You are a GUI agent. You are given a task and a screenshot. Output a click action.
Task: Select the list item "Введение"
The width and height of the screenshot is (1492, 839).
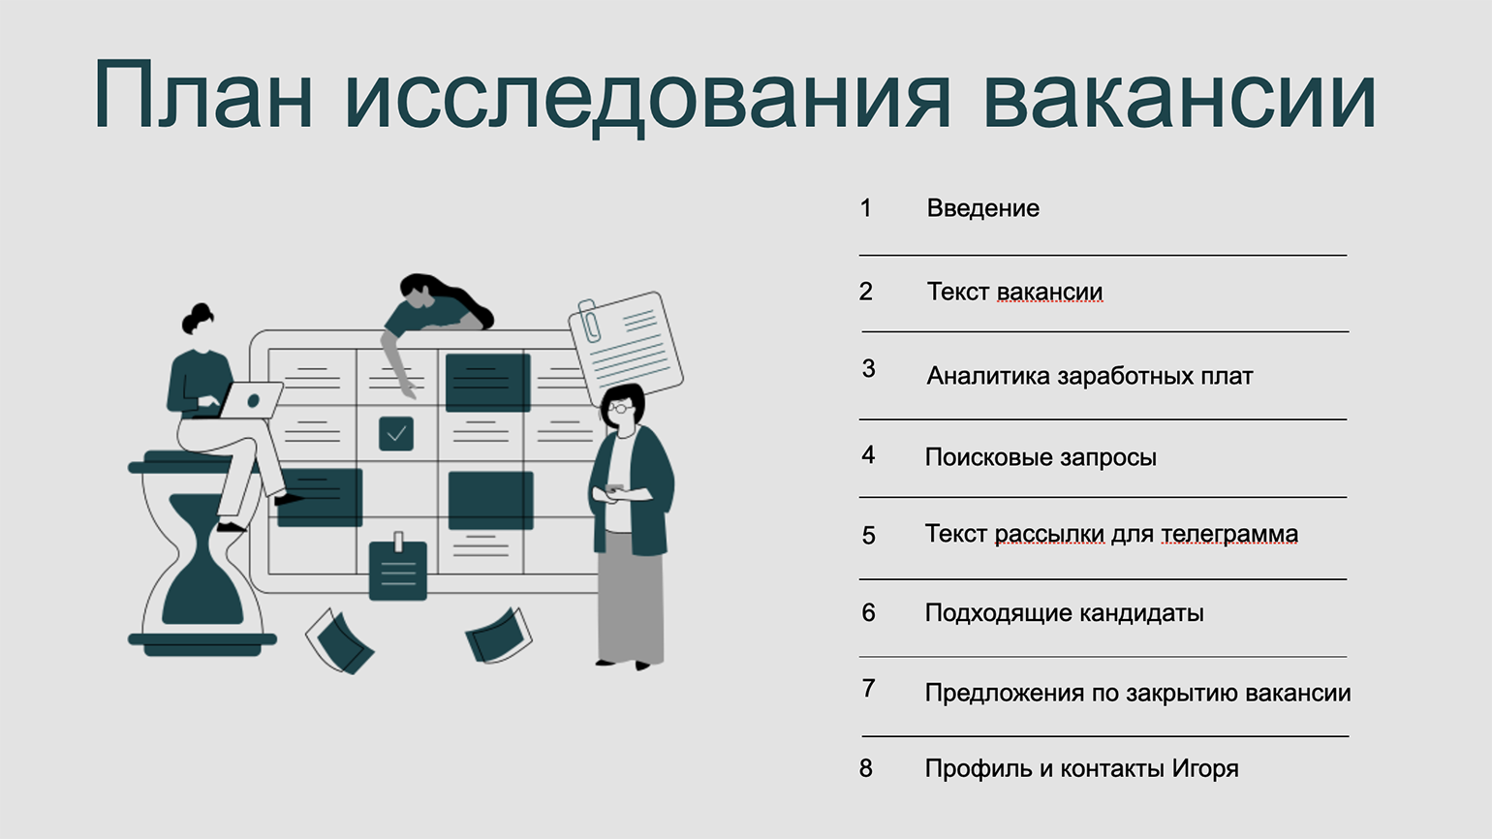click(x=982, y=208)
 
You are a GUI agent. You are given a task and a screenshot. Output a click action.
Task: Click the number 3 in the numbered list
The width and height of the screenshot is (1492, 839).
click(x=868, y=368)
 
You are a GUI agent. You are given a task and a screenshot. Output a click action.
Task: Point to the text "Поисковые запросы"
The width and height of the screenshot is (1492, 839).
click(x=1041, y=457)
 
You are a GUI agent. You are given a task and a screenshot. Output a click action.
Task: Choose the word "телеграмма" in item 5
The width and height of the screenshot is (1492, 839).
click(x=1229, y=534)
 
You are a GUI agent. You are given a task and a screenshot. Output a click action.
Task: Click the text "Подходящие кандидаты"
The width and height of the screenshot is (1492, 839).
click(x=1065, y=613)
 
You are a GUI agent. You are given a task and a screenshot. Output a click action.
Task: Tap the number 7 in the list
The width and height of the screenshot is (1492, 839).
click(x=868, y=689)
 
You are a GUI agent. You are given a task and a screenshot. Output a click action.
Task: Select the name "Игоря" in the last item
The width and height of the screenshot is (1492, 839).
click(x=1205, y=769)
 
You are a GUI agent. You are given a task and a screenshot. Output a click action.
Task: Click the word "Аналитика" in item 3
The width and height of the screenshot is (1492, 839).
click(x=988, y=377)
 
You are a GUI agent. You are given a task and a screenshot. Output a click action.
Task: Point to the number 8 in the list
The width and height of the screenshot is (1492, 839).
click(x=866, y=768)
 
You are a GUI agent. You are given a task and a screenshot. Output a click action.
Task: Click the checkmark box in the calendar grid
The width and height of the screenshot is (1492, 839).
click(x=396, y=433)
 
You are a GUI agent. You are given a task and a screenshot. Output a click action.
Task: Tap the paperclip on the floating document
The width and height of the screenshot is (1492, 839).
click(x=589, y=321)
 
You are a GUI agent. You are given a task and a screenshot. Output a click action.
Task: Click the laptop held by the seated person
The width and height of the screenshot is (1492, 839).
click(x=250, y=400)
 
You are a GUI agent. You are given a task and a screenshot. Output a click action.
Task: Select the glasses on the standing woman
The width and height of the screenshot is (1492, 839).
click(x=619, y=407)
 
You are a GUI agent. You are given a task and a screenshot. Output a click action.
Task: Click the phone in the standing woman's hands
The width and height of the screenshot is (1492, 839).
click(x=614, y=488)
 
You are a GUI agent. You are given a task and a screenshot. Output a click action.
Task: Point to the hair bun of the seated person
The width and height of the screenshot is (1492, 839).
click(x=200, y=312)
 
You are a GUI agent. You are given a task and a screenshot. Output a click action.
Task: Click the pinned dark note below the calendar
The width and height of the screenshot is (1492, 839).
click(x=398, y=570)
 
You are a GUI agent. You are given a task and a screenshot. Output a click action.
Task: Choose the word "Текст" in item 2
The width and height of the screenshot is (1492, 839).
click(x=958, y=292)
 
